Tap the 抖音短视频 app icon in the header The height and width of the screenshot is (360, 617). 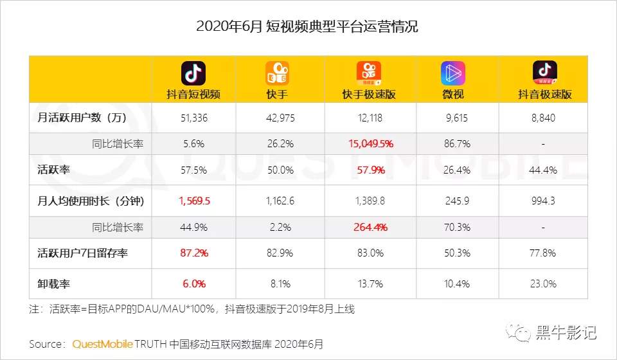tap(193, 73)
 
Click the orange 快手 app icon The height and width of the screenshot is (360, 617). tap(277, 73)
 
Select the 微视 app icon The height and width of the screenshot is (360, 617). tap(453, 73)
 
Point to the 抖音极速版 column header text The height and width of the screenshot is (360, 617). tap(544, 94)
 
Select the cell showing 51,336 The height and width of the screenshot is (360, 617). tap(193, 118)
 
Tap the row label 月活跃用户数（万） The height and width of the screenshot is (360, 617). tap(78, 118)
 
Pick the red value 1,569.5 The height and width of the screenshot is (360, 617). tap(193, 201)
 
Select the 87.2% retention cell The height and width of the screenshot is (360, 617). tap(193, 253)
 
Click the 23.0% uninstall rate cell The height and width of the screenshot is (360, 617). tap(544, 283)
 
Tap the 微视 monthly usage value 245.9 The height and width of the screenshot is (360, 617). tap(456, 201)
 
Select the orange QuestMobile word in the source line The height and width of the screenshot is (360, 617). tap(102, 344)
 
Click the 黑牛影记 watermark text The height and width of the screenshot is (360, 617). tap(566, 332)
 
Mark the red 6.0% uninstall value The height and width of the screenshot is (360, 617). tap(193, 283)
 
